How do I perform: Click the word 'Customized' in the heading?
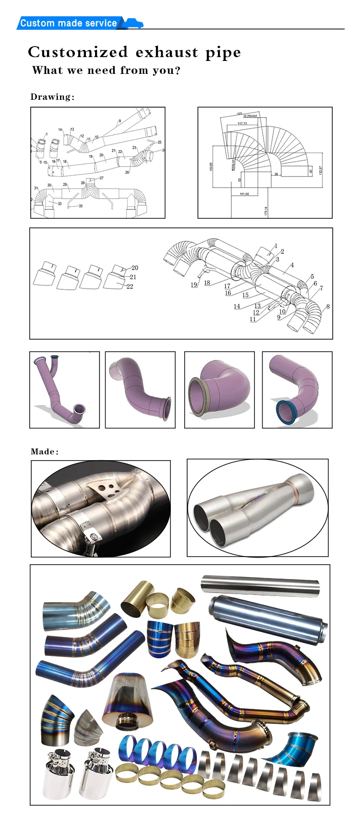pyautogui.click(x=78, y=52)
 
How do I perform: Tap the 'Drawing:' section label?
pyautogui.click(x=52, y=97)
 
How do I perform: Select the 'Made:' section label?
pyautogui.click(x=45, y=452)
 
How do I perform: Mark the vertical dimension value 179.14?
pyautogui.click(x=265, y=211)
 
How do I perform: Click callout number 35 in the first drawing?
pyautogui.click(x=80, y=206)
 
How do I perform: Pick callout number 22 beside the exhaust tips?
pyautogui.click(x=130, y=286)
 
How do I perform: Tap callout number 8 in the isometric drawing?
pyautogui.click(x=328, y=307)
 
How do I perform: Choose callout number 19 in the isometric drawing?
pyautogui.click(x=194, y=285)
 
